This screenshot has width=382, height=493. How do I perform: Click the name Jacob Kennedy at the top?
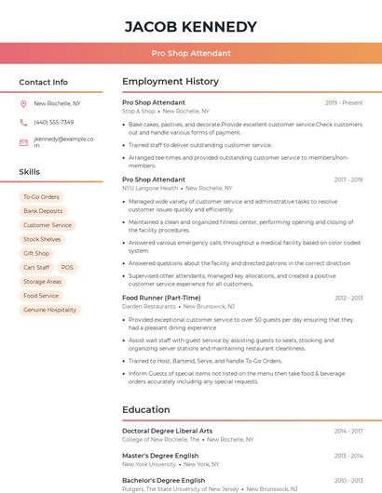pos(190,26)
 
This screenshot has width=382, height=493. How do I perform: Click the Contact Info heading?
pos(44,82)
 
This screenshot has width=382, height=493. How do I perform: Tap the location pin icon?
pos(23,103)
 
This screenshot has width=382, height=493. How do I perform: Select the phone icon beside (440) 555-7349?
pos(23,122)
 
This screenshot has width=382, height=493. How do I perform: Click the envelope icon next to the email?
pos(23,142)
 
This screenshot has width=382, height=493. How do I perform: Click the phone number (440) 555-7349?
pos(53,122)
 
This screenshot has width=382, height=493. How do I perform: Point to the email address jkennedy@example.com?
pos(62,141)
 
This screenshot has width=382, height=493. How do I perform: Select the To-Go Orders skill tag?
pos(41,197)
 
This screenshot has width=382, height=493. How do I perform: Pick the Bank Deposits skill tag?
pos(43,211)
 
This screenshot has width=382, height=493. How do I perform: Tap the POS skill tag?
pos(67,267)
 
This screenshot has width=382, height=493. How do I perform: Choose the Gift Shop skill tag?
pos(36,253)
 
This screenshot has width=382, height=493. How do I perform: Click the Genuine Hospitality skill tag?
pos(49,310)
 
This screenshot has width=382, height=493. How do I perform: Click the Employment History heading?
pos(170,82)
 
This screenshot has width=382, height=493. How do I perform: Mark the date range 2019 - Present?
pos(344,102)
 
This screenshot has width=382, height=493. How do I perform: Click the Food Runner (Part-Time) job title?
pos(161,298)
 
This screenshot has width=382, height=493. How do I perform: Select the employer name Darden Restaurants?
pos(149,306)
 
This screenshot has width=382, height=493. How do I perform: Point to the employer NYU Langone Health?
pos(150,188)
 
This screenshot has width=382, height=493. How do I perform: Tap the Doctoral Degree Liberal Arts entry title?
pos(167,431)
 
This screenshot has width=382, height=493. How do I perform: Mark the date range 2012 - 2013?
pos(348,298)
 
